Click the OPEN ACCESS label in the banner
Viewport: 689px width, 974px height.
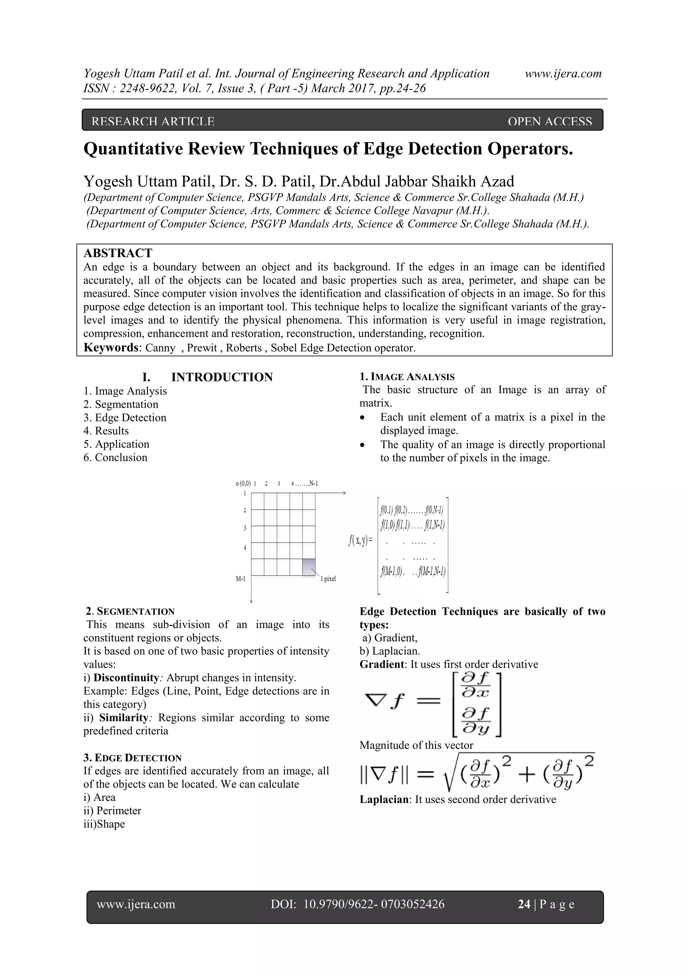click(549, 122)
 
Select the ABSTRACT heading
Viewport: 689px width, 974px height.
click(118, 253)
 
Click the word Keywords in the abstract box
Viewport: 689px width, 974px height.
click(111, 348)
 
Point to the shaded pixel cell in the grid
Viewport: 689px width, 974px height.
click(309, 567)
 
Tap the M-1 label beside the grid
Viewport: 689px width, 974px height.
click(241, 579)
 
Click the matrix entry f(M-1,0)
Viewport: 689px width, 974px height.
click(392, 571)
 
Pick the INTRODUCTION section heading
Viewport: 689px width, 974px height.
click(222, 377)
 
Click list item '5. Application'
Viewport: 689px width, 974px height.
click(116, 444)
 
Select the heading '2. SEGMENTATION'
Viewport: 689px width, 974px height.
click(130, 611)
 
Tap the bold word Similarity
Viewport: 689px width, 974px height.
click(123, 717)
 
